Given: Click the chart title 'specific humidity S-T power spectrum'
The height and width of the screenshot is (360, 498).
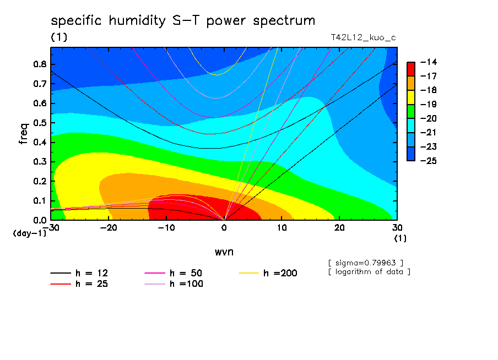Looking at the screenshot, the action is pyautogui.click(x=183, y=21).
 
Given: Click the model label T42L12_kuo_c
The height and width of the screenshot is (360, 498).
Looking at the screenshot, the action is pyautogui.click(x=364, y=37).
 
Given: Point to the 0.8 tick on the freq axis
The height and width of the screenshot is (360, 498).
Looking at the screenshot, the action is pyautogui.click(x=40, y=64).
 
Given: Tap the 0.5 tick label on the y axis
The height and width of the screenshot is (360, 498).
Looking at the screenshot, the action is pyautogui.click(x=40, y=123).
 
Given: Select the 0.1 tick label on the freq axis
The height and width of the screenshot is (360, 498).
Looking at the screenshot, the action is pyautogui.click(x=40, y=201).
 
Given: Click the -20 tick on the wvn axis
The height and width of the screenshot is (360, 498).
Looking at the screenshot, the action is pyautogui.click(x=109, y=228).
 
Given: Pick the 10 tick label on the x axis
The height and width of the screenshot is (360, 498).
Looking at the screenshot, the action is pyautogui.click(x=282, y=228).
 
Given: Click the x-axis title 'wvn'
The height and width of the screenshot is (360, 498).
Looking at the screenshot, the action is pyautogui.click(x=224, y=252).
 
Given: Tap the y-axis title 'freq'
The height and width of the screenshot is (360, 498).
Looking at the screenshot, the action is pyautogui.click(x=24, y=133).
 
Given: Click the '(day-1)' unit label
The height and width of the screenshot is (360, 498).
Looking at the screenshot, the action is pyautogui.click(x=30, y=233).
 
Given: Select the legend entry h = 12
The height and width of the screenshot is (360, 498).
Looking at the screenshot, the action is pyautogui.click(x=79, y=273).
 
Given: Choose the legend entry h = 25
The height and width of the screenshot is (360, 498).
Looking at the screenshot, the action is pyautogui.click(x=79, y=283).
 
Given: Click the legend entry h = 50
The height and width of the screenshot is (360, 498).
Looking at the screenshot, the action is pyautogui.click(x=174, y=273).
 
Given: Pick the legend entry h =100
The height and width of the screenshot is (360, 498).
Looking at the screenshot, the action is pyautogui.click(x=174, y=283).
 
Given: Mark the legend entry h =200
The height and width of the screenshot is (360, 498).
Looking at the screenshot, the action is pyautogui.click(x=268, y=273).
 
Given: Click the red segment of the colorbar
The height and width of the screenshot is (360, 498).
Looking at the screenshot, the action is pyautogui.click(x=411, y=69).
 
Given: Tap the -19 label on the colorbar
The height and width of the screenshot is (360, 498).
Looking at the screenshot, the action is pyautogui.click(x=429, y=105).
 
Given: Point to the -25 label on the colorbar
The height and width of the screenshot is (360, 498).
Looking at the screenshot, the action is pyautogui.click(x=429, y=161).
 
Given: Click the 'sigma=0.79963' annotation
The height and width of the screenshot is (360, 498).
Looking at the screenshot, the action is pyautogui.click(x=366, y=263).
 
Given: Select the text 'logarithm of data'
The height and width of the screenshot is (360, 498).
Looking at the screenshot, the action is pyautogui.click(x=369, y=272).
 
